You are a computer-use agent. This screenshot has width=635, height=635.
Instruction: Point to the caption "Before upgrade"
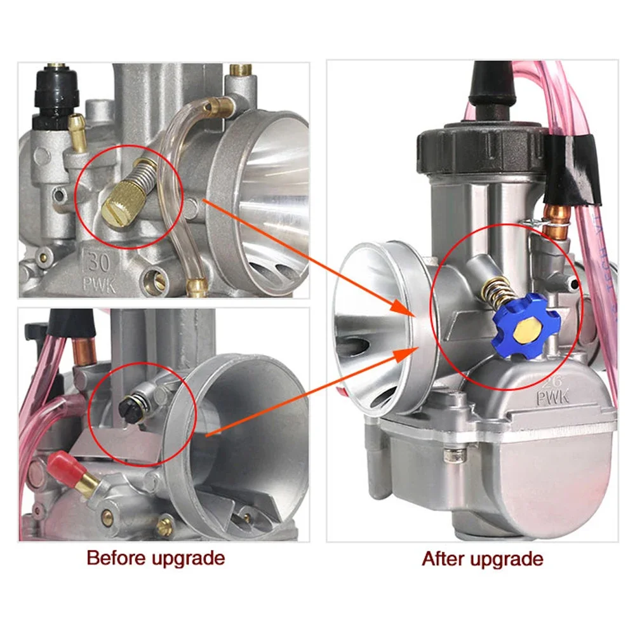point(156,558)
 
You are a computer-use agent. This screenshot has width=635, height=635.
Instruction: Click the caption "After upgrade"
point(483,559)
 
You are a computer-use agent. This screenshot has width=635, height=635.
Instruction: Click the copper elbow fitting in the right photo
point(556,215)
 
